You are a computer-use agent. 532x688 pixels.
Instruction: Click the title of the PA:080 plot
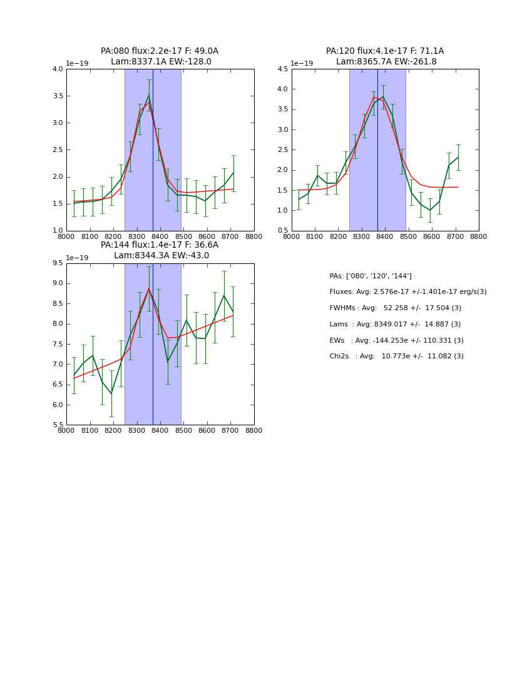pos(160,56)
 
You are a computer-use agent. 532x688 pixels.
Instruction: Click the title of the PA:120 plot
pos(385,56)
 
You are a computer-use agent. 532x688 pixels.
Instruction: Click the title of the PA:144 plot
pos(160,250)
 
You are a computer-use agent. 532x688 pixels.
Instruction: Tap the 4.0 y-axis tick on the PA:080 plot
pos(58,69)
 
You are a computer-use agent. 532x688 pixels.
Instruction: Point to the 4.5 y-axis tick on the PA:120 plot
pos(283,69)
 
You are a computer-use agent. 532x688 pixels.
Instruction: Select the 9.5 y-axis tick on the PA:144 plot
pos(58,263)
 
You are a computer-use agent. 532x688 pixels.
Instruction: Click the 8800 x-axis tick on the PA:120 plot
pos(479,237)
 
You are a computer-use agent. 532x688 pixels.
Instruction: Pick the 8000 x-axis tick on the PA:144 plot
pos(66,431)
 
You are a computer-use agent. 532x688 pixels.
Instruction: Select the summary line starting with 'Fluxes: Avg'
pos(407,292)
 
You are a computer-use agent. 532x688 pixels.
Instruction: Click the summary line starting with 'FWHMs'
pos(395,308)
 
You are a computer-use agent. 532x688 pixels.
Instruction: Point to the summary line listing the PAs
pos(371,276)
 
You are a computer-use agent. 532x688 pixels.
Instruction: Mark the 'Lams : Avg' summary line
pos(395,325)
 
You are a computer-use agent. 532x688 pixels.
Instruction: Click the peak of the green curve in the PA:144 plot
pos(149,288)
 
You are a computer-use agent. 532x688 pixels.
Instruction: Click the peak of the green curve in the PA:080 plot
pos(149,95)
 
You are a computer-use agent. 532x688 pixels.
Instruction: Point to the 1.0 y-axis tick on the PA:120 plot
pos(283,211)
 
